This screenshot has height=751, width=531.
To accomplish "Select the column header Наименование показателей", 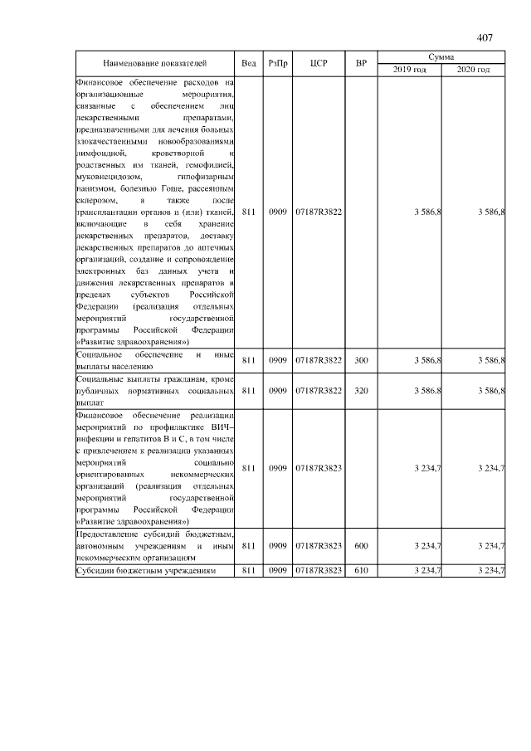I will click(155, 63).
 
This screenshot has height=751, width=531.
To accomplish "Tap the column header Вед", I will click(249, 63).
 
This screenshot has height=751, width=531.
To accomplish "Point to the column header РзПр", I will click(277, 63).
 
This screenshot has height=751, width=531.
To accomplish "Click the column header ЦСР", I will click(319, 63).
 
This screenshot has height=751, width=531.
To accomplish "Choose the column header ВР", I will click(361, 63).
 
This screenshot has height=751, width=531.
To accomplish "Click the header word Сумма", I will click(441, 56).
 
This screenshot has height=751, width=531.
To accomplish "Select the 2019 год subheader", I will click(409, 70).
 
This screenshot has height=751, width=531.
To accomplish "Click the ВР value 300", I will click(361, 361).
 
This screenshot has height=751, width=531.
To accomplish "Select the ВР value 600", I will click(361, 546).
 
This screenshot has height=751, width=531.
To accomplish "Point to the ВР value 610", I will click(361, 572).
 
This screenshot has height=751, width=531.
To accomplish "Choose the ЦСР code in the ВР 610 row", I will click(319, 572).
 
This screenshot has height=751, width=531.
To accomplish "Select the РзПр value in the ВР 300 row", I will click(277, 361).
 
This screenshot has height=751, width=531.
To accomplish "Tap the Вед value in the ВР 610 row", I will click(249, 572).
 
